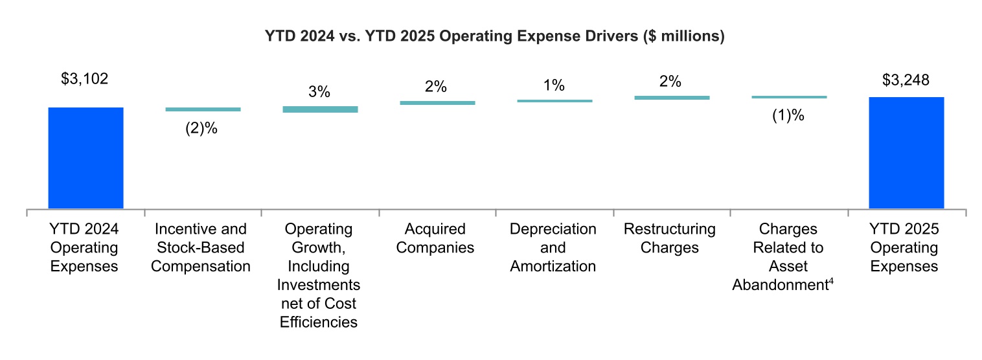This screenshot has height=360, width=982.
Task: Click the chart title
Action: pyautogui.click(x=494, y=37)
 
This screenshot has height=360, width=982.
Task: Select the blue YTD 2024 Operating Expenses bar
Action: pyautogui.click(x=86, y=158)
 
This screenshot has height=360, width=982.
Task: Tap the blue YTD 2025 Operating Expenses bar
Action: pyautogui.click(x=906, y=153)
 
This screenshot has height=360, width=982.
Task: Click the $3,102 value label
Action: pyautogui.click(x=85, y=80)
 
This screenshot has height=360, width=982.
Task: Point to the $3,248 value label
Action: pyautogui.click(x=906, y=80)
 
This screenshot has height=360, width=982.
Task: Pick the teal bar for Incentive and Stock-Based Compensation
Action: pyautogui.click(x=203, y=109)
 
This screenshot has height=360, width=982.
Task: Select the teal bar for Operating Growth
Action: pyautogui.click(x=320, y=109)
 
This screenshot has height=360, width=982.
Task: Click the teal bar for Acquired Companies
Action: pyautogui.click(x=437, y=102)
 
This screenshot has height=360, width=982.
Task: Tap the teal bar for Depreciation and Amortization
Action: pyautogui.click(x=554, y=100)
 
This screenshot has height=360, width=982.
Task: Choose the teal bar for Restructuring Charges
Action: pyautogui.click(x=672, y=98)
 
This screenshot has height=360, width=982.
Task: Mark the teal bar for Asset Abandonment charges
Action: pyautogui.click(x=789, y=97)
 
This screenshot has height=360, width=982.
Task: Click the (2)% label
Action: pyautogui.click(x=201, y=128)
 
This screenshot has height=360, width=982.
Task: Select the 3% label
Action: pyautogui.click(x=319, y=92)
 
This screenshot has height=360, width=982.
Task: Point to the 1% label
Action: pyautogui.click(x=554, y=85)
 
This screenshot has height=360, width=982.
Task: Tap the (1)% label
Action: pyautogui.click(x=788, y=117)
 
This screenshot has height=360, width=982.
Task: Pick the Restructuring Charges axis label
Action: pyautogui.click(x=669, y=238)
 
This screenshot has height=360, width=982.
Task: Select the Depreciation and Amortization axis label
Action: pyautogui.click(x=553, y=247)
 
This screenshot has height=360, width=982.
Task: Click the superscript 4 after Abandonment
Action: pyautogui.click(x=830, y=280)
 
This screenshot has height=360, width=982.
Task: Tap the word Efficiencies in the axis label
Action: pyautogui.click(x=319, y=322)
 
